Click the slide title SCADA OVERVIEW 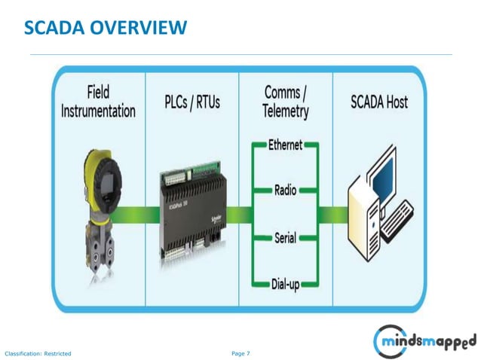click(106, 29)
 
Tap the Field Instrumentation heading click(98, 102)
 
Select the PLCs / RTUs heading click(192, 102)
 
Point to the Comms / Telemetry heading click(286, 102)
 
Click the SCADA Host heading click(379, 102)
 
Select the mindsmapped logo click(426, 342)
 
